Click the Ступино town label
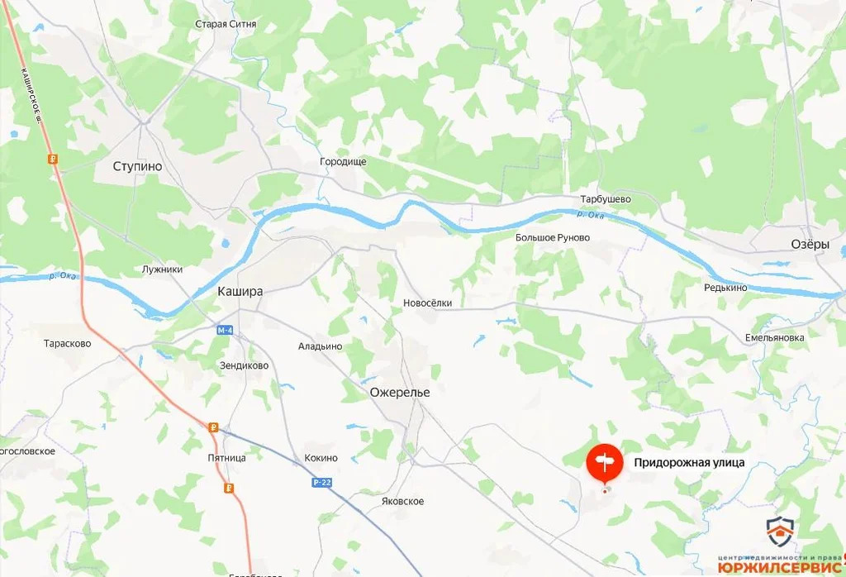[x=137, y=166]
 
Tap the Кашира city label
[x=240, y=291]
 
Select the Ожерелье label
[x=400, y=392]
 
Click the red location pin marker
[x=605, y=463]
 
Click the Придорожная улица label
[x=689, y=463]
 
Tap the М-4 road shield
[x=226, y=330]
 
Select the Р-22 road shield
[x=322, y=481]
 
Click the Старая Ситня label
[x=226, y=24]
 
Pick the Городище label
[x=343, y=162]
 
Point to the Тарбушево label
[x=606, y=199]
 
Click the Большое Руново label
[x=553, y=238]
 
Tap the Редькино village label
[x=725, y=287]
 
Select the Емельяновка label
[x=774, y=338]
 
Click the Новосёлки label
[x=427, y=303]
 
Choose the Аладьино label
[x=320, y=346]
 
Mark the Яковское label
[x=403, y=502]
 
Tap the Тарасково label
[x=69, y=343]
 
